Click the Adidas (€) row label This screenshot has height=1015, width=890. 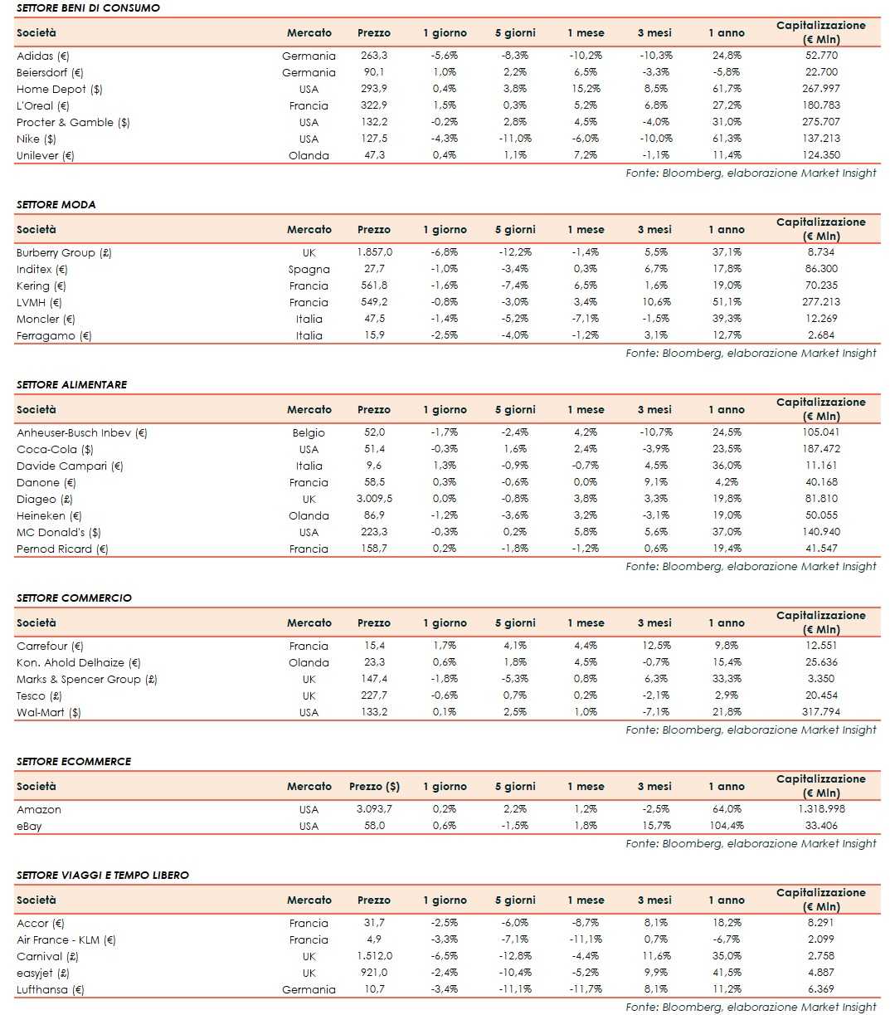[43, 56]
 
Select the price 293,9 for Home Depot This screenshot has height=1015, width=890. [373, 89]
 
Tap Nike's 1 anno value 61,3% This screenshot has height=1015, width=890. [726, 139]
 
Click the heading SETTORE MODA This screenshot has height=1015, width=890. [56, 204]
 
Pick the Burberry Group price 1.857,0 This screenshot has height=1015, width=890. [374, 252]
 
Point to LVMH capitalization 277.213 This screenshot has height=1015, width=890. [820, 302]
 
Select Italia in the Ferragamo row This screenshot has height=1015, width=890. [309, 335]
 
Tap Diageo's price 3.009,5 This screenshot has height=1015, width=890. [374, 499]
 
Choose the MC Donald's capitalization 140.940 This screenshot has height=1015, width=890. [820, 532]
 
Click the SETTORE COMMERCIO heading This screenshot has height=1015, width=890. [74, 598]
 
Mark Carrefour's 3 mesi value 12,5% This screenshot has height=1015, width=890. [654, 646]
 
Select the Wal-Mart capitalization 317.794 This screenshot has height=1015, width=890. [820, 712]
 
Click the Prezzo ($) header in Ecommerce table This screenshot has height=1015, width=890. [374, 786]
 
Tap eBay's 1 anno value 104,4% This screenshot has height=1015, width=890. [726, 826]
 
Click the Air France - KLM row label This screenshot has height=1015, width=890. [66, 939]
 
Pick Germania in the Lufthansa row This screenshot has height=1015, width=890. [309, 989]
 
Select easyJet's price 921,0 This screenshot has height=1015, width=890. [374, 973]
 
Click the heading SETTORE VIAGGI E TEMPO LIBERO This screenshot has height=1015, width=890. [103, 875]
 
